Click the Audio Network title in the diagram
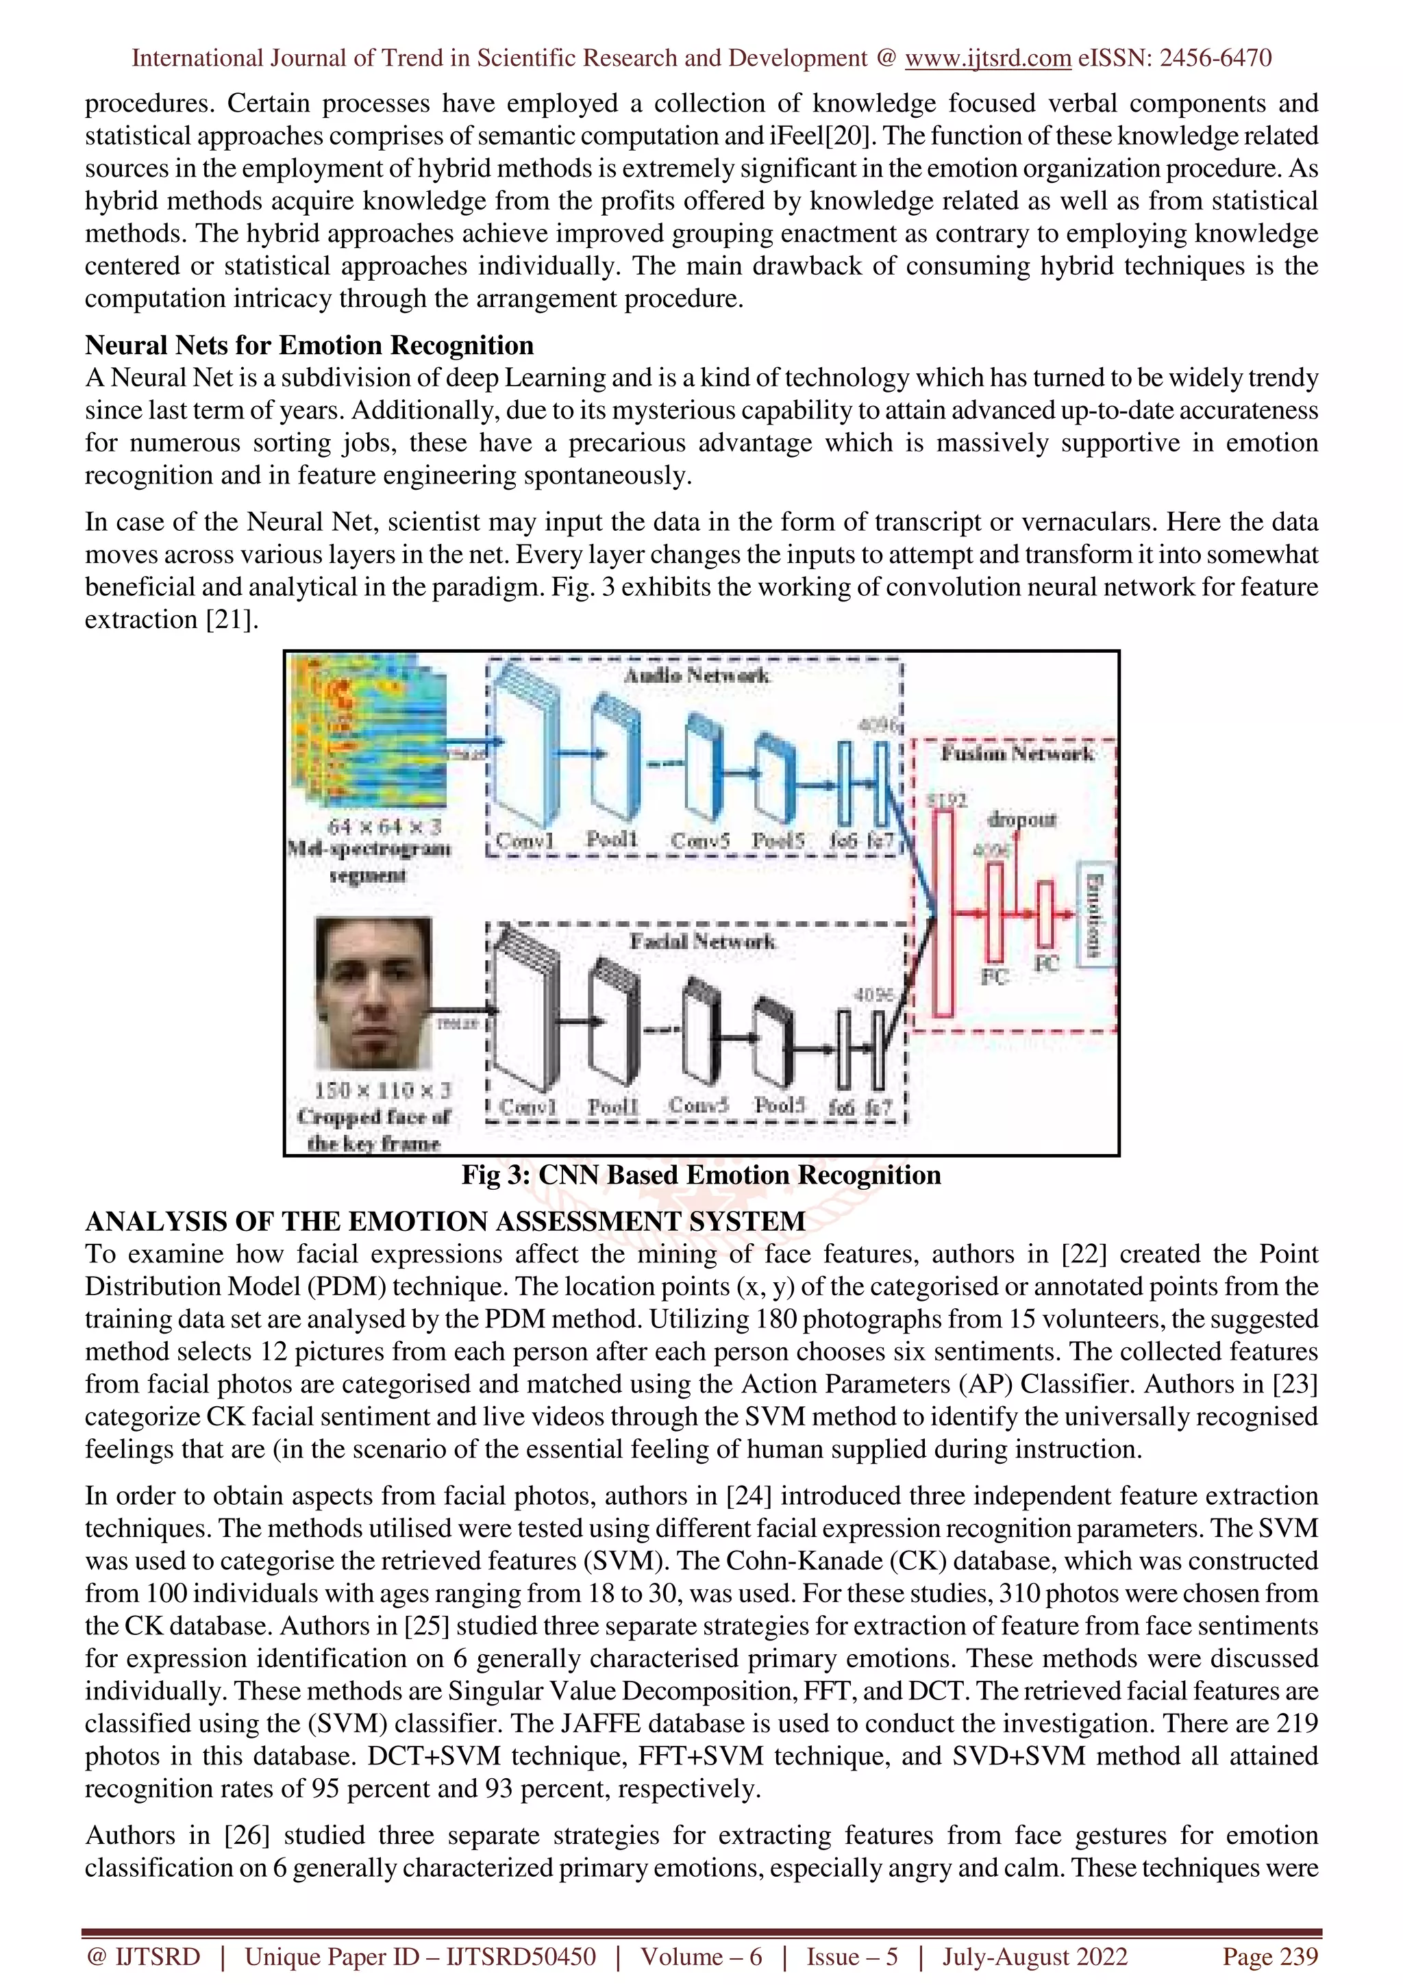pos(697,675)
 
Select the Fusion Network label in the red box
pos(1017,754)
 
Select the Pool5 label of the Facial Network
pos(779,1106)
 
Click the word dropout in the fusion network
pos(1022,819)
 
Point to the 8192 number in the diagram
pos(945,801)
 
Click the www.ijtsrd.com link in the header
pos(987,58)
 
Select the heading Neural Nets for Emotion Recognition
pos(308,346)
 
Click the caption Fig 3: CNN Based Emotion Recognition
pos(700,1175)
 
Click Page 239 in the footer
pos(1270,1956)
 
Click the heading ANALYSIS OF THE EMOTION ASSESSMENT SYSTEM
pos(445,1221)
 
